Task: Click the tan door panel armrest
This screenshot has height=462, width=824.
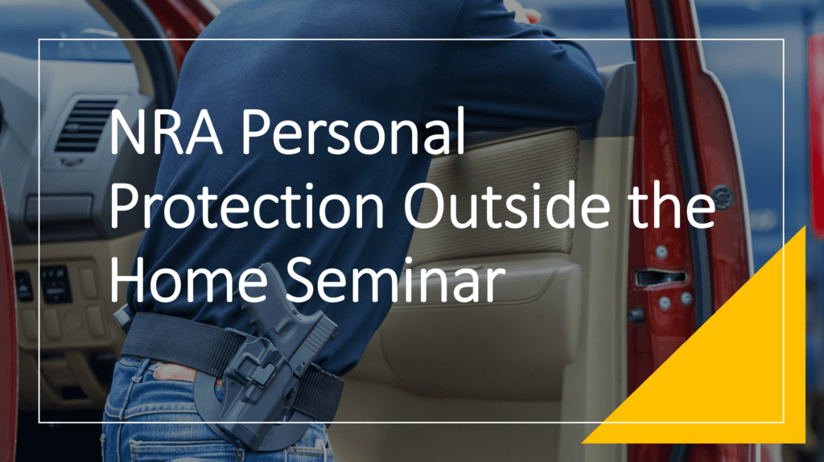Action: click(483, 338)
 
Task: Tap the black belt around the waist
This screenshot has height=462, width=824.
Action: click(169, 338)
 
